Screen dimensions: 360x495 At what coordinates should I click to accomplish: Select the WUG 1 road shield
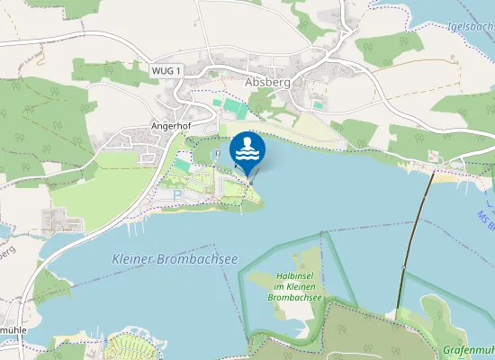click(166, 70)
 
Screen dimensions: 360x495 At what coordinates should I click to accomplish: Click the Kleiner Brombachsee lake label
click(175, 258)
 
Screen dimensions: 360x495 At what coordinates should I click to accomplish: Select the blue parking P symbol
click(177, 194)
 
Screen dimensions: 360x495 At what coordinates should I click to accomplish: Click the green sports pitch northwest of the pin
click(232, 107)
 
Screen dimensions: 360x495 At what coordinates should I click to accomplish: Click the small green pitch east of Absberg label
click(318, 104)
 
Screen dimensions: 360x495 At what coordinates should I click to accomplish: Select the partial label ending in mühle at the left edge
click(13, 329)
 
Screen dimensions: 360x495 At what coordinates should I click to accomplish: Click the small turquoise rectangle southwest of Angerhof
click(182, 166)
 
